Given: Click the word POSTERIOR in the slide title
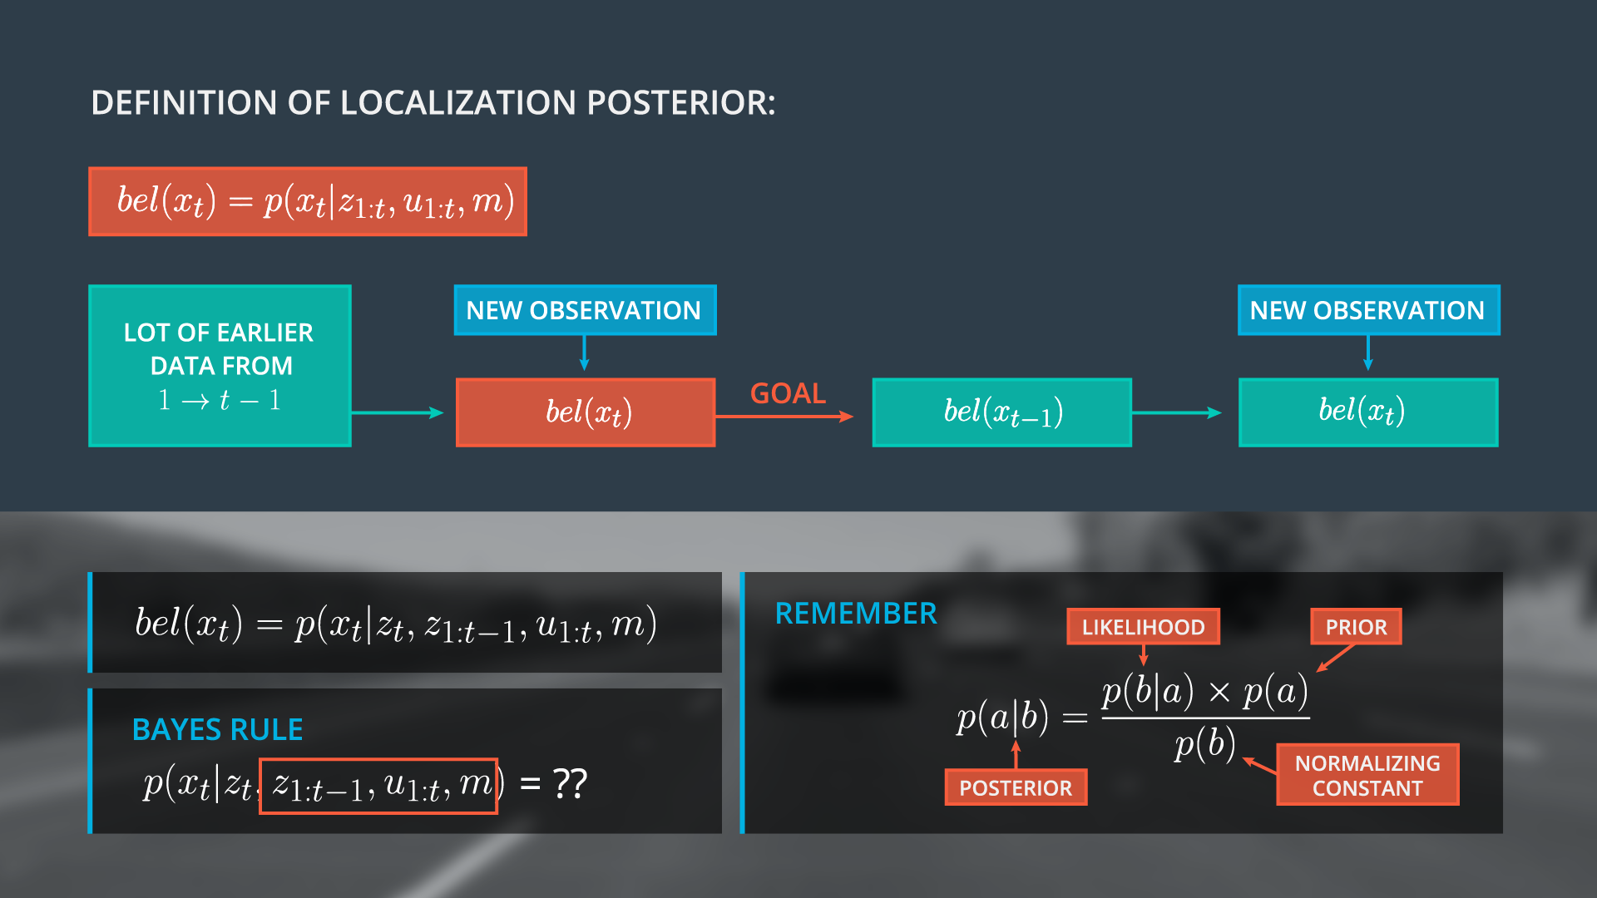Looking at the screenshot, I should pos(680,103).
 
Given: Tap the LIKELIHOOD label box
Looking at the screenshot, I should pos(1143,627).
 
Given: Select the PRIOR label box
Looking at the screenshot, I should pos(1356,627).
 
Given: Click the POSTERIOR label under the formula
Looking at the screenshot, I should pos(1016,787).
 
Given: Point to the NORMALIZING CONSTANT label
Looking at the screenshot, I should pos(1367,775).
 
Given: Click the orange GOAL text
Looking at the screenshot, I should pos(788,393).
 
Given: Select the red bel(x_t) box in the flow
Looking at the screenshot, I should pos(586,412).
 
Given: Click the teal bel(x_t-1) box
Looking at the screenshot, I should pos(1001,412).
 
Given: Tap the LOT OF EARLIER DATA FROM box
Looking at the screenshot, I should pos(220,366).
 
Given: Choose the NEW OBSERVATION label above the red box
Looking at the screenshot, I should pos(584,310).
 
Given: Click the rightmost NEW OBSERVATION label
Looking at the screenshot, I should pos(1367,310).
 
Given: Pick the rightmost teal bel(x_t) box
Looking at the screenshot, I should pos(1367,412).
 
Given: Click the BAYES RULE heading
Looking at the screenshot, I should pos(217,729).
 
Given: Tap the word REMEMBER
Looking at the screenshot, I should pos(855,614).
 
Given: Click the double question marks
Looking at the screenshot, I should pos(571,783).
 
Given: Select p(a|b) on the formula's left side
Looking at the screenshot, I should pos(1002,717).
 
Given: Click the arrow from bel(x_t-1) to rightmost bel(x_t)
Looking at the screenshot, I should pos(1177,412).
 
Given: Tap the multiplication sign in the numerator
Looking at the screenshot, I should pos(1219,693).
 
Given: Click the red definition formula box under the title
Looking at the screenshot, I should pos(308,202).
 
